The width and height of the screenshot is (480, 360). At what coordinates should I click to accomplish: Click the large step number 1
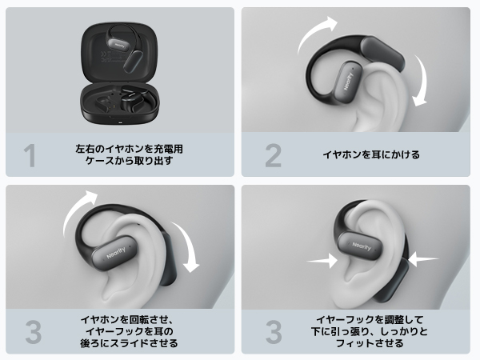(30, 155)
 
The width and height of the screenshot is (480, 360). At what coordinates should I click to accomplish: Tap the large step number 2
(273, 155)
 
